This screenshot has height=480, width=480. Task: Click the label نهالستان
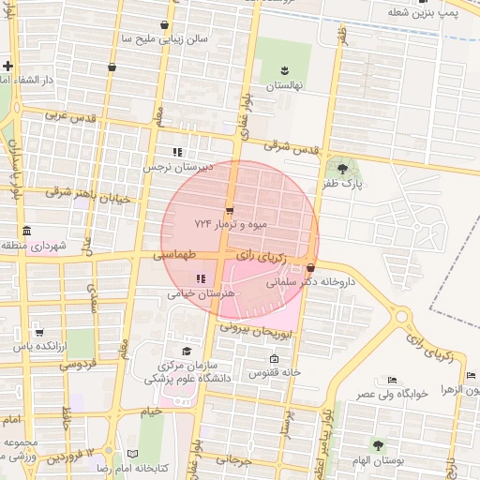(x=283, y=85)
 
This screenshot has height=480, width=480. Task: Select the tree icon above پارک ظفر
(x=343, y=169)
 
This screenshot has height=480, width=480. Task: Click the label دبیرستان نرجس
(x=177, y=168)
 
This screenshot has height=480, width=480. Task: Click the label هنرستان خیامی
(x=191, y=293)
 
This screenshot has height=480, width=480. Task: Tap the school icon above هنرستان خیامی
(x=201, y=277)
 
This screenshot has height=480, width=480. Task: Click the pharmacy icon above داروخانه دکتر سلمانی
(x=309, y=267)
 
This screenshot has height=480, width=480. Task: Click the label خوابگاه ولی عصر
(x=391, y=394)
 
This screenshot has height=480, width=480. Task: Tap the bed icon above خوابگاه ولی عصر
(x=391, y=379)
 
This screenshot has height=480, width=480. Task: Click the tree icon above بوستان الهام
(x=378, y=444)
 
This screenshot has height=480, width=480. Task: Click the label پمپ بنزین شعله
(x=425, y=12)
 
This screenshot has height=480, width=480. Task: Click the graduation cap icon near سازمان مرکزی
(x=172, y=351)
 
